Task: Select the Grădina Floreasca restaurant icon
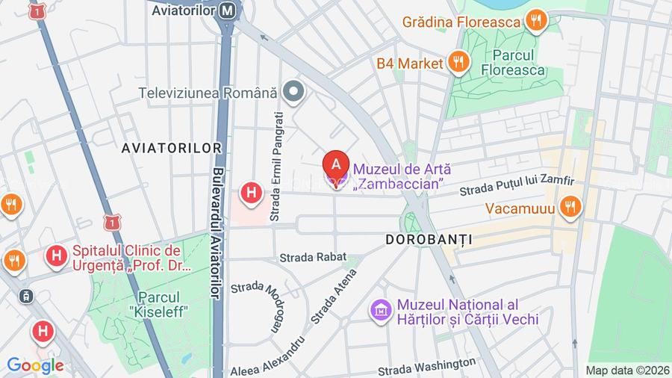tap(535, 22)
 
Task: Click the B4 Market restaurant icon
tap(459, 63)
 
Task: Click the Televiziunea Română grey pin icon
tap(295, 93)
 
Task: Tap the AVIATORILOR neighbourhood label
tap(172, 148)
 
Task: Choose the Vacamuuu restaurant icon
tap(570, 207)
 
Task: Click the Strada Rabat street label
tap(313, 257)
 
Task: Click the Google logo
tap(34, 366)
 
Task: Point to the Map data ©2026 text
tap(626, 370)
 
